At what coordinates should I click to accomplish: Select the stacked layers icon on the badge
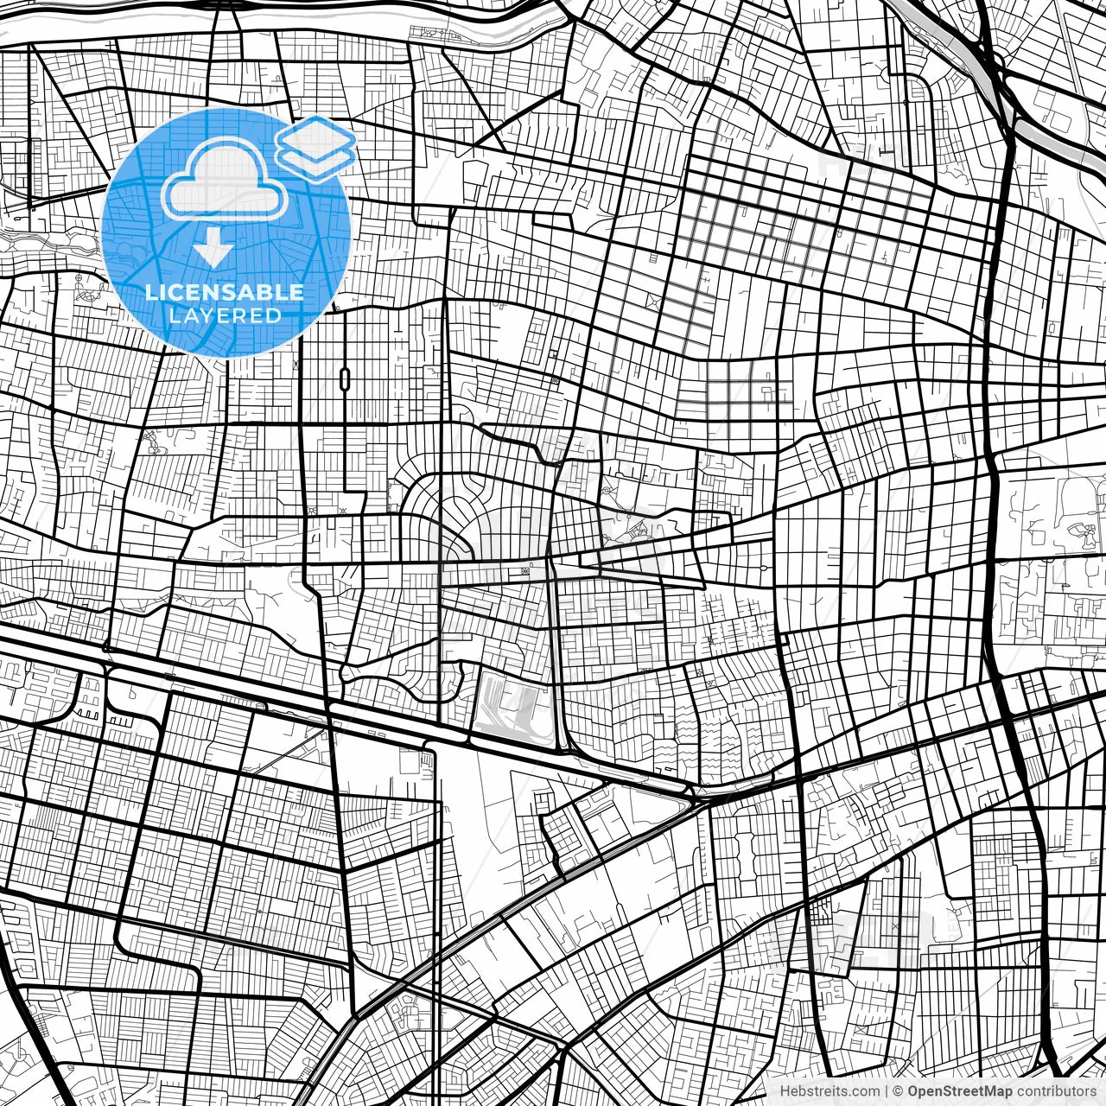(x=316, y=149)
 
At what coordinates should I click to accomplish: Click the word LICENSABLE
(x=225, y=292)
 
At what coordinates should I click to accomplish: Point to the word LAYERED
(x=225, y=315)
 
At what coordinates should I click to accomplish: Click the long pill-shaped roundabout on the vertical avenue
(x=345, y=378)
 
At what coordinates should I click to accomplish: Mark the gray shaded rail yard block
(x=510, y=709)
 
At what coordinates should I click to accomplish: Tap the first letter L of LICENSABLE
(x=150, y=292)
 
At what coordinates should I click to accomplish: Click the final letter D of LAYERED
(x=274, y=315)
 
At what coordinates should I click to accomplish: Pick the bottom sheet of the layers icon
(x=316, y=160)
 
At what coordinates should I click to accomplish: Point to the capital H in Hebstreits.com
(x=785, y=1091)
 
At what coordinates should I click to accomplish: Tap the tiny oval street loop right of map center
(x=764, y=568)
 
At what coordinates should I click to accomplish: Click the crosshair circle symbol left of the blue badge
(x=79, y=278)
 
